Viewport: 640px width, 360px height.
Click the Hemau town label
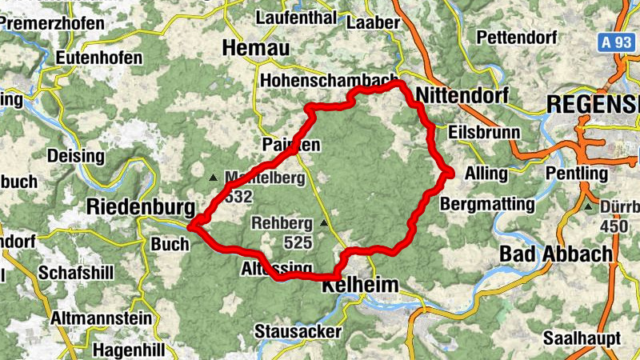(x=255, y=48)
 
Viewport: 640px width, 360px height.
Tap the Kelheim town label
(x=354, y=284)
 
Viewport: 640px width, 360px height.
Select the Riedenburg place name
(x=139, y=207)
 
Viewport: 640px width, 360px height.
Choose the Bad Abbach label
(x=555, y=254)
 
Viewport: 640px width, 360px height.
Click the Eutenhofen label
(x=98, y=58)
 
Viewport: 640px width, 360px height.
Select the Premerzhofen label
(x=53, y=23)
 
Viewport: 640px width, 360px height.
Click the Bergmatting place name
(x=487, y=204)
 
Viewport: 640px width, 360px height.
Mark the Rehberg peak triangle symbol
(x=324, y=223)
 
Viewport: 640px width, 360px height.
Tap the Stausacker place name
(x=298, y=330)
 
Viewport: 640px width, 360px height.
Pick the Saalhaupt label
(x=581, y=337)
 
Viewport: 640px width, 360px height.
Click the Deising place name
(x=76, y=154)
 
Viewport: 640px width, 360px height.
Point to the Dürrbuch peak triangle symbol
(x=588, y=207)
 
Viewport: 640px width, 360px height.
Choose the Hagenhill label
(x=128, y=350)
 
